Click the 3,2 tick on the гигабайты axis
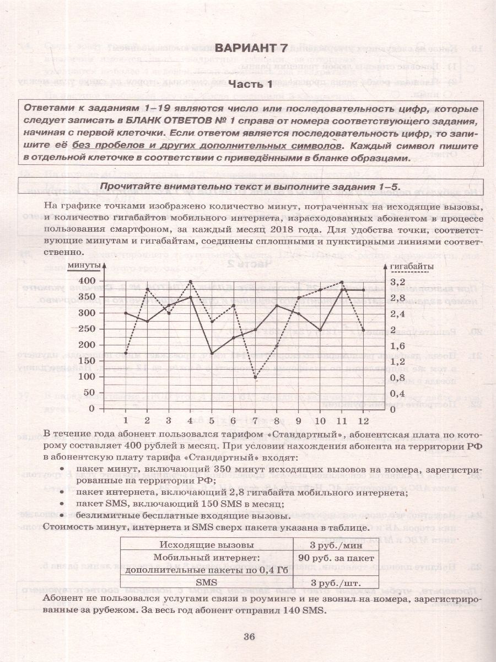397,281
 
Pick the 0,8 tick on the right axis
397,377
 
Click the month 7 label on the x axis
255,420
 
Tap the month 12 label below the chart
363,420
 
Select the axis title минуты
84,266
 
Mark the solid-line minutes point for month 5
212,353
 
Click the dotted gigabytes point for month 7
255,377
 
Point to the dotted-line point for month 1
126,353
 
